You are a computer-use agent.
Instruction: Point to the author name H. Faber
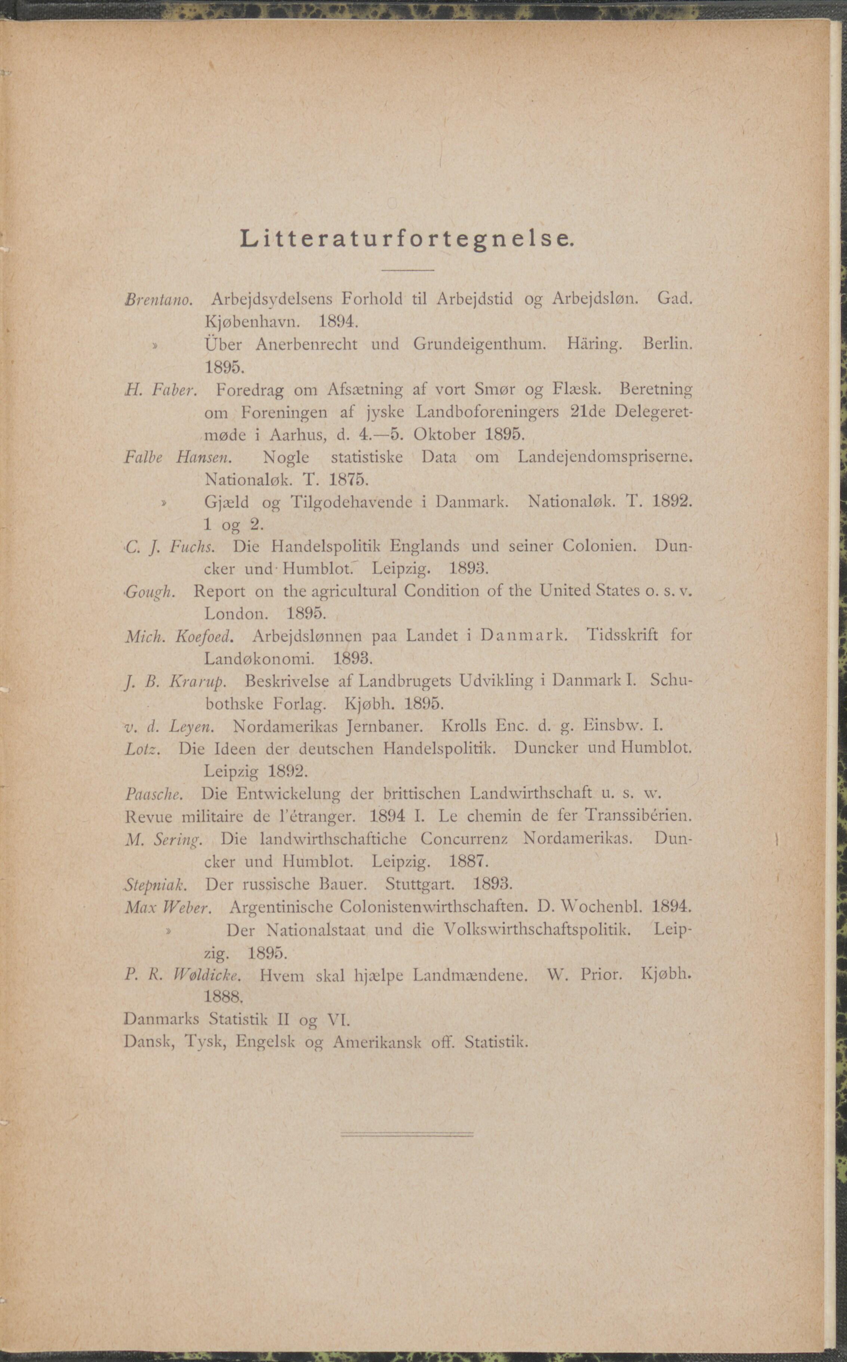click(160, 389)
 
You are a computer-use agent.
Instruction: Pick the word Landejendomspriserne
click(604, 457)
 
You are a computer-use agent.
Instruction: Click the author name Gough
click(150, 592)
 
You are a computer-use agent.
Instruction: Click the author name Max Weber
click(167, 907)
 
